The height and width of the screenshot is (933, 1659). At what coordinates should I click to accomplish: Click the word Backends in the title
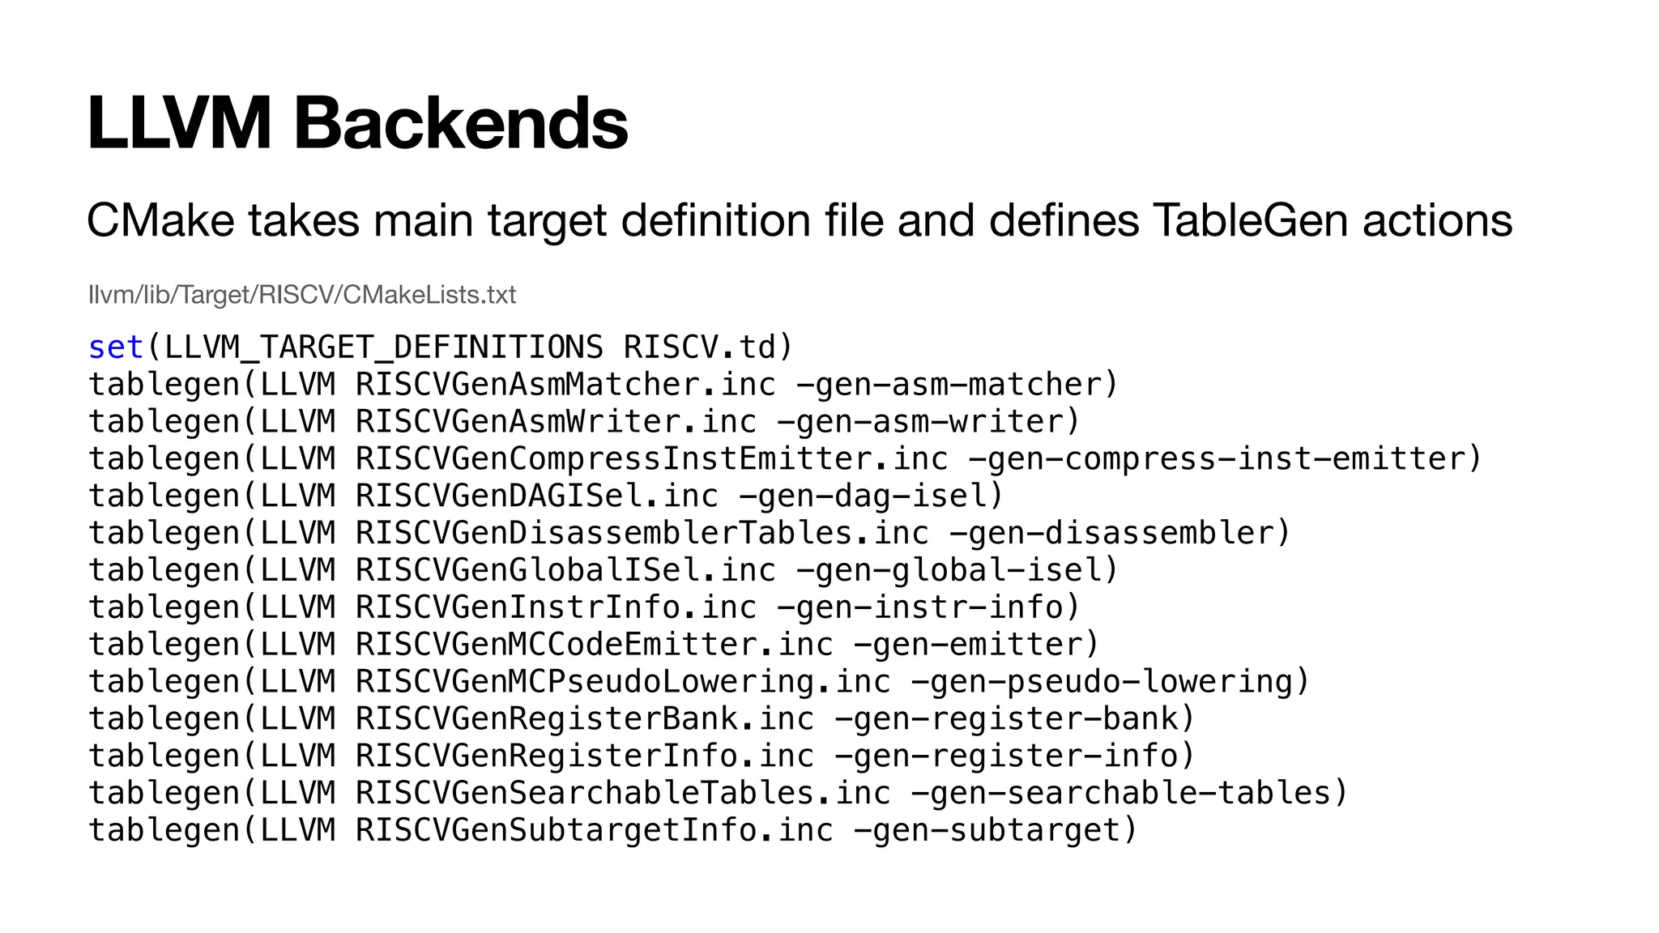pyautogui.click(x=460, y=123)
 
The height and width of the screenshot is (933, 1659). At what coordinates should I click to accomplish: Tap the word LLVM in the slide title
pyautogui.click(x=179, y=123)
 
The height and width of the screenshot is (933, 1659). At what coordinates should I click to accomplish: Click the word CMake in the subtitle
pyautogui.click(x=160, y=220)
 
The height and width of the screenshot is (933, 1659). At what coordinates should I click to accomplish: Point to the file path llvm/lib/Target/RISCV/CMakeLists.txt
pyautogui.click(x=301, y=295)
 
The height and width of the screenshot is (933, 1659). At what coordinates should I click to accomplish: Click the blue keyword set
pyautogui.click(x=116, y=347)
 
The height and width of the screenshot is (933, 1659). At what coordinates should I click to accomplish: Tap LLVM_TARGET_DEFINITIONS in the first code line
pyautogui.click(x=383, y=347)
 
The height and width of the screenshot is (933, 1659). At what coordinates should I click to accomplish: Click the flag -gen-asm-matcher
pyautogui.click(x=956, y=385)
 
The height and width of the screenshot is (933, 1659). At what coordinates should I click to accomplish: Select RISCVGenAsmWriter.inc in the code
pyautogui.click(x=556, y=422)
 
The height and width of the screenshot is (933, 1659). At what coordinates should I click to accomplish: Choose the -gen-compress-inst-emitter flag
pyautogui.click(x=1223, y=459)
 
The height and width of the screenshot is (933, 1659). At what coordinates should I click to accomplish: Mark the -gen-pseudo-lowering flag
pyautogui.click(x=1109, y=682)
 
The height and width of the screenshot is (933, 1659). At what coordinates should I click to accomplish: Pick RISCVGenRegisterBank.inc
pyautogui.click(x=584, y=719)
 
